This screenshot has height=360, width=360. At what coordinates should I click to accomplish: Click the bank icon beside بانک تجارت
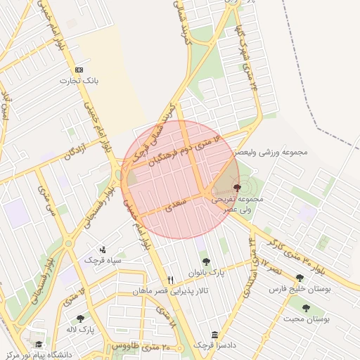coord(79,70)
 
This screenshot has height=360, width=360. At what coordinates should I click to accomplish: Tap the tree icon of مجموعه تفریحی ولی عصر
coord(236,188)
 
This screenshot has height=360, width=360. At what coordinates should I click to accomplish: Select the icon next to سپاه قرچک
coord(104,249)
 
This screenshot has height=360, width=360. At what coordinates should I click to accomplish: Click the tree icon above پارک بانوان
coord(206,262)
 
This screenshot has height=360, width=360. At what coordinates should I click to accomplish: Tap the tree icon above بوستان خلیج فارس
coord(300,278)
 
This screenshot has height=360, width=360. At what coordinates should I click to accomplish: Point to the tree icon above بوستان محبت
coord(306,308)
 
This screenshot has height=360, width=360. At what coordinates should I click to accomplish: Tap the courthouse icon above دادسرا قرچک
coord(214,335)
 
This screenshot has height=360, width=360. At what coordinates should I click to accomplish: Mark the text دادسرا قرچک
coord(214,346)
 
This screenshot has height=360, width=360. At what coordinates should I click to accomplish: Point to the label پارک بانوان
coord(206,273)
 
